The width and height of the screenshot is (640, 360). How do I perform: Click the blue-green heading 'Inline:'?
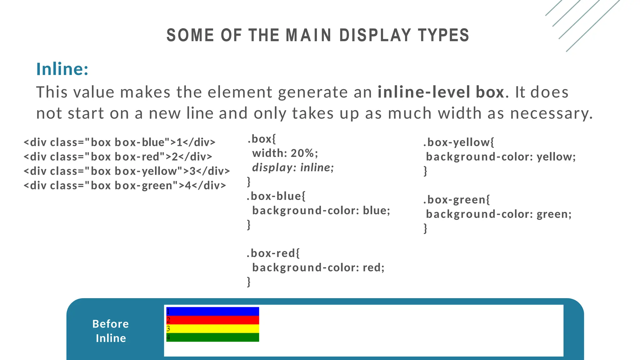pos(62,69)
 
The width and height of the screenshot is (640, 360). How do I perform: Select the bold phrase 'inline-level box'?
pos(441,92)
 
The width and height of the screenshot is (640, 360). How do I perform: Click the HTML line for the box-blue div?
pos(119,142)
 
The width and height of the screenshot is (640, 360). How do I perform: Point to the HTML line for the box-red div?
pos(118,157)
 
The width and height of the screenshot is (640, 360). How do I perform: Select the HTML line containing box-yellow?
pos(127,171)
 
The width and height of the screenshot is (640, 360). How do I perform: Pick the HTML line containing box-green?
pos(125,186)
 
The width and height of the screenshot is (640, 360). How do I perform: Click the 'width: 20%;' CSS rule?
pos(285,153)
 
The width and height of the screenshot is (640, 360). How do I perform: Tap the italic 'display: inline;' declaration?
pos(293,168)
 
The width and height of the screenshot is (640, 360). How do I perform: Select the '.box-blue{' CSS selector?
pos(276,196)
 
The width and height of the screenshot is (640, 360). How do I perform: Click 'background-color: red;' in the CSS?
pos(318,268)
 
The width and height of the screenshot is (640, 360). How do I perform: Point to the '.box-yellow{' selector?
pos(459,142)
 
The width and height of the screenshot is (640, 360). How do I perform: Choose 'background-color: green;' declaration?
pos(498,214)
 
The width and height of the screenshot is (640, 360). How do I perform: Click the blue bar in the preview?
pos(212,312)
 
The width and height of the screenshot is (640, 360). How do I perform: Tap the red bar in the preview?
pos(212,320)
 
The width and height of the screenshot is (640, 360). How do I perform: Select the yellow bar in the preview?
pos(212,329)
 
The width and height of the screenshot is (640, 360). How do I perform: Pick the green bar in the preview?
pos(212,337)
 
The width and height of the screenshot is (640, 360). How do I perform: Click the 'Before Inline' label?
pos(111,331)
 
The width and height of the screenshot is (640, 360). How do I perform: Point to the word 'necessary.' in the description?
pos(551,113)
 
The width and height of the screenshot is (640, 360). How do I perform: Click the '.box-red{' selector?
pos(273,253)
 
